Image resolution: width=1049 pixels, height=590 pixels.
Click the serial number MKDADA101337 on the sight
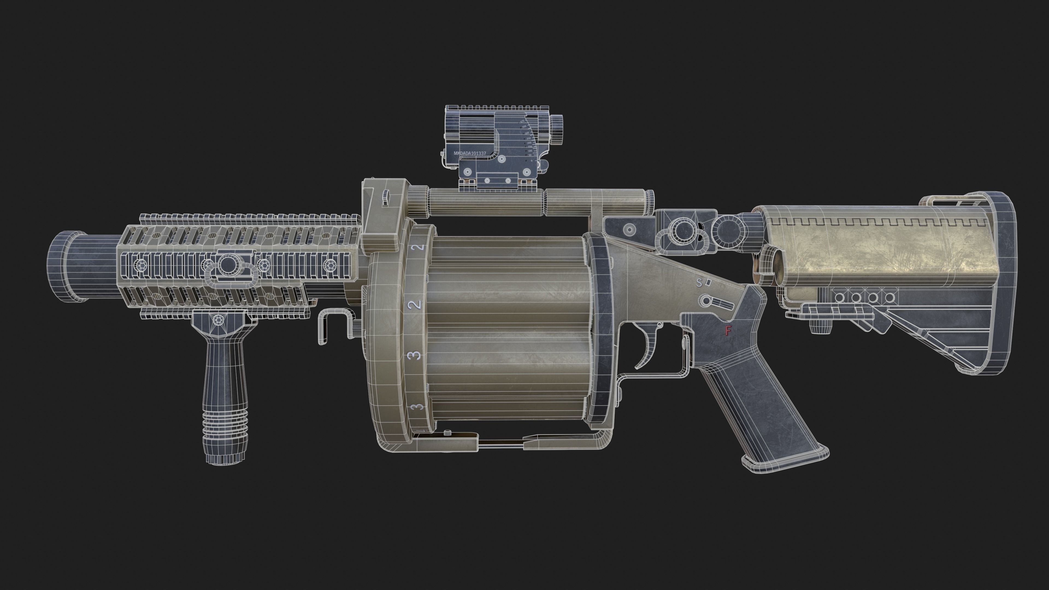pos(470,154)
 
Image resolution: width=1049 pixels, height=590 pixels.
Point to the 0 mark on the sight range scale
pos(531,161)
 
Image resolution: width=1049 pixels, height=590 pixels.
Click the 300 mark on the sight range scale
pos(526,133)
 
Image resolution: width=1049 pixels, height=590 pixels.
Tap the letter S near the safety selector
pos(699,283)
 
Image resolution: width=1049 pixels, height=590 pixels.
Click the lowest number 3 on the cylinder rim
pos(416,407)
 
